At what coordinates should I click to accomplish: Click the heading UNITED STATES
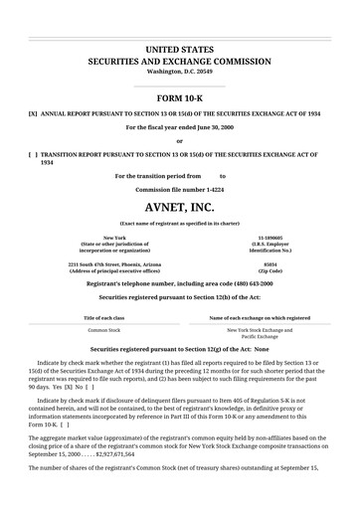click(x=179, y=48)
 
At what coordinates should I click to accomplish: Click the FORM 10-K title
click(x=179, y=99)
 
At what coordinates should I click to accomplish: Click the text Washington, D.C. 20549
click(x=179, y=73)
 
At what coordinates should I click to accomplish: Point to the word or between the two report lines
click(x=179, y=141)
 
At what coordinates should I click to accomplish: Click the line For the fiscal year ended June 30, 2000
click(x=179, y=129)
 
